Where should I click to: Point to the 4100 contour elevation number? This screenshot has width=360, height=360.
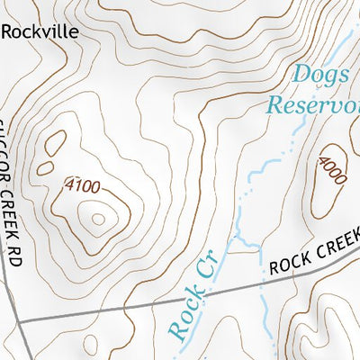82,186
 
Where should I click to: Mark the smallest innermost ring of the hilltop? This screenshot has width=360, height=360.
98,217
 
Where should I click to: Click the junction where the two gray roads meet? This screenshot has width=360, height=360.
19,320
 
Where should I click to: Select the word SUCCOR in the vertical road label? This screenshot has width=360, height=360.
12,144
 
